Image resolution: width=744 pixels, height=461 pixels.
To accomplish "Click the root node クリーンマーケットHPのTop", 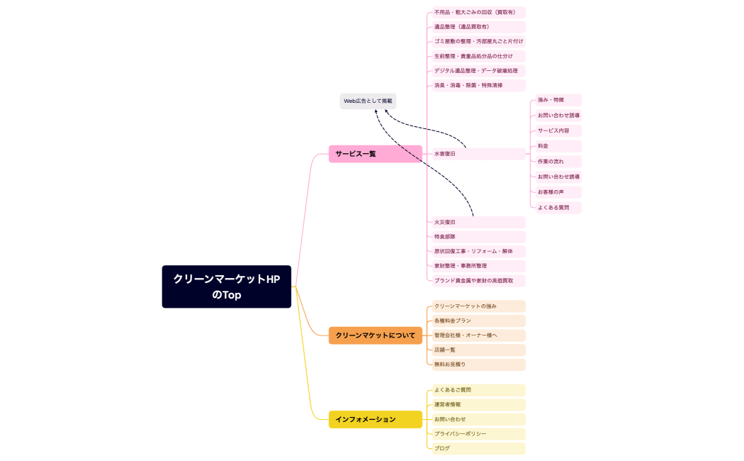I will coord(226,287).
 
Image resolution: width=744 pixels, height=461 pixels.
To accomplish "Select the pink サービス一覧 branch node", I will coord(375,154).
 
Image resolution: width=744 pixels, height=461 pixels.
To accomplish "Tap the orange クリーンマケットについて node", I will coord(375,335).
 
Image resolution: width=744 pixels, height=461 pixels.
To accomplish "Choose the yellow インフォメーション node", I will coord(375,419).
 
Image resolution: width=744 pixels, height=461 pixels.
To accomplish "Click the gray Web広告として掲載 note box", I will coord(368,101).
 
